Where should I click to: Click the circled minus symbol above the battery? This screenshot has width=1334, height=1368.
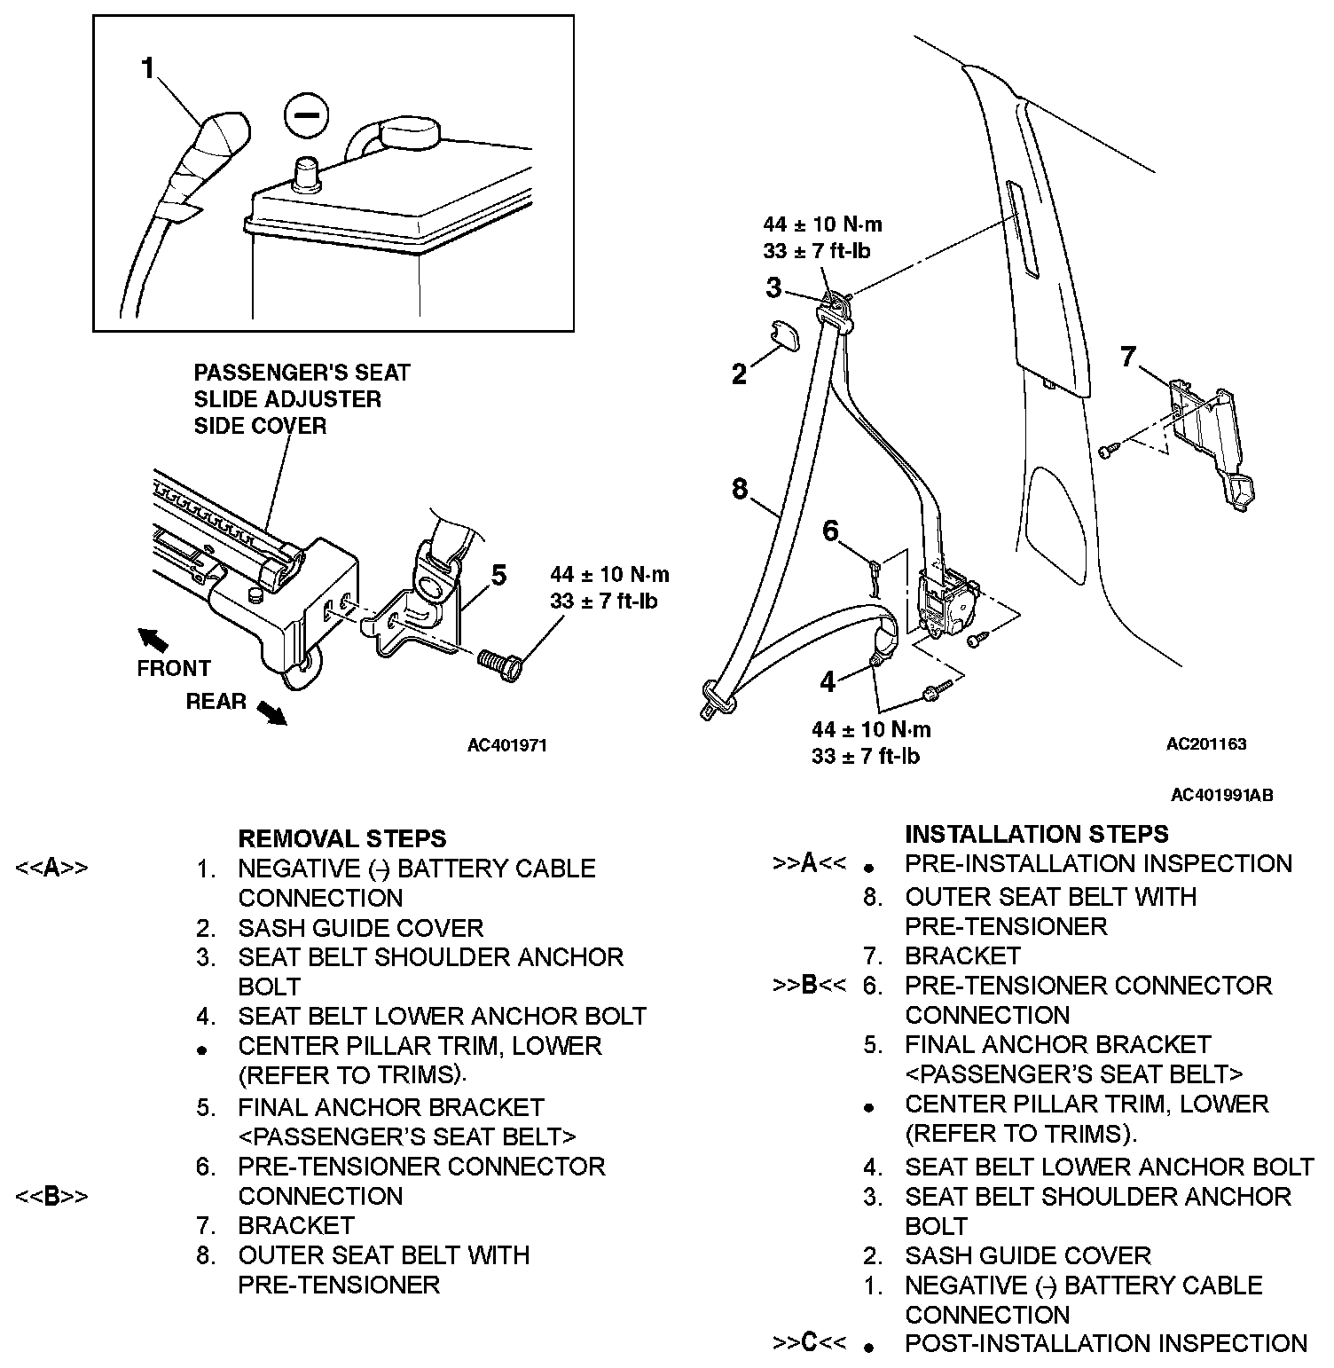[306, 115]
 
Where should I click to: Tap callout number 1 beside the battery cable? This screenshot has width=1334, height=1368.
[148, 68]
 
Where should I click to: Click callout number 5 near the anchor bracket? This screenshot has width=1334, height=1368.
[498, 576]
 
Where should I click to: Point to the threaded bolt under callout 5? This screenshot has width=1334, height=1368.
[499, 663]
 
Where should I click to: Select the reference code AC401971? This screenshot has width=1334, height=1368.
[507, 745]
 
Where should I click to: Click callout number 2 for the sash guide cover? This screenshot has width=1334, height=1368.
[739, 374]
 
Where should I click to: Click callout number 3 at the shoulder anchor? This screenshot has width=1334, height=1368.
[773, 287]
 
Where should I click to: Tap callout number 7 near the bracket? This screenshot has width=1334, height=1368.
[1127, 357]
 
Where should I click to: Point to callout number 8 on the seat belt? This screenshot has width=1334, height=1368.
[741, 488]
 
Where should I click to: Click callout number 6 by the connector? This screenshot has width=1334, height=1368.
[830, 531]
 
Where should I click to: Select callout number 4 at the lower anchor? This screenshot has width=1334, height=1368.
[828, 681]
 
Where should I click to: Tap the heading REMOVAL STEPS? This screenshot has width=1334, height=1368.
[342, 838]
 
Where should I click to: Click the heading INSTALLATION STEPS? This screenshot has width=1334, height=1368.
[1036, 834]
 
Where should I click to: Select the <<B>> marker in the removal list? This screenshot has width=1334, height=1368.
[51, 1196]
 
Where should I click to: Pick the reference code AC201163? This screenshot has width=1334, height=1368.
[1205, 743]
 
